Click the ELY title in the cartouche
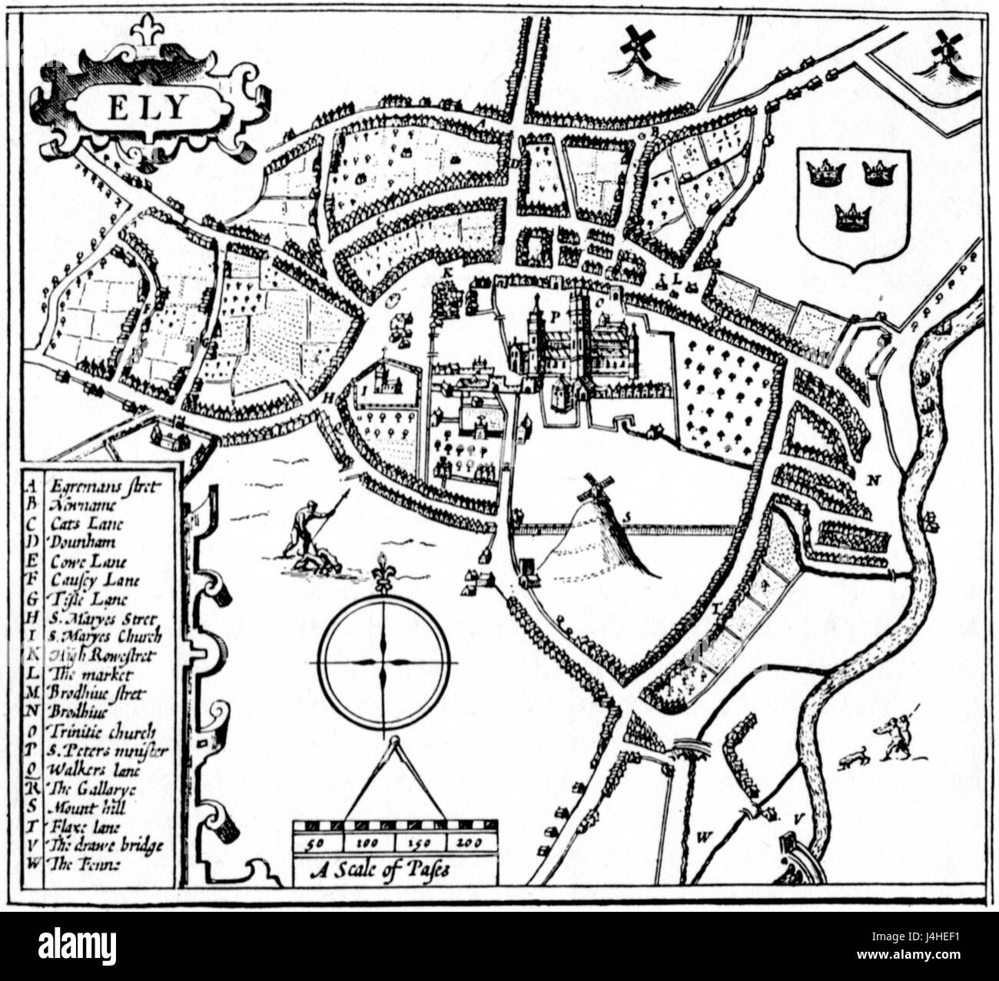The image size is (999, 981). (145, 108)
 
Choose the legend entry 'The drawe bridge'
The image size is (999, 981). (105, 846)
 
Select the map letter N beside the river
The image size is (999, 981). (872, 481)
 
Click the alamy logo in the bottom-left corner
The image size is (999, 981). (68, 944)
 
